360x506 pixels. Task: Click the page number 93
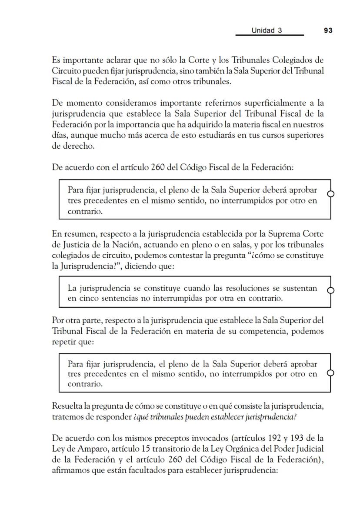click(328, 30)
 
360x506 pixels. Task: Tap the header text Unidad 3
click(267, 30)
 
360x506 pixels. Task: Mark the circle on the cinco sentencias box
click(330, 290)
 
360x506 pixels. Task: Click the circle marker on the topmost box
click(330, 194)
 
